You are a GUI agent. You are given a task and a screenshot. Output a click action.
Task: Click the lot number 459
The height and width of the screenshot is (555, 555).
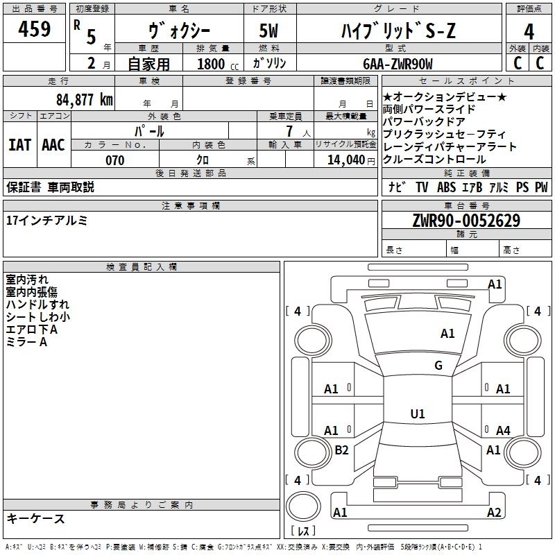(x=34, y=30)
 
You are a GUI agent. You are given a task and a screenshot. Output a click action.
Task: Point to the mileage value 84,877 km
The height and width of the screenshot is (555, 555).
(x=84, y=99)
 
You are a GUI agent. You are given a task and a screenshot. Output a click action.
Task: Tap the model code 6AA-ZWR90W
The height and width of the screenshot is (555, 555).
(x=398, y=64)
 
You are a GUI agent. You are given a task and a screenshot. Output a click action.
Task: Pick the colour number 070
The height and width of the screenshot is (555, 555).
(x=115, y=160)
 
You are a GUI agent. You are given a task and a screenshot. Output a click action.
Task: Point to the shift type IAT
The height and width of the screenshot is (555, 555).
(x=19, y=145)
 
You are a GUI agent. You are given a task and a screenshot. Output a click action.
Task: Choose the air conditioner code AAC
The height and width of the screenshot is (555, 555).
(x=53, y=145)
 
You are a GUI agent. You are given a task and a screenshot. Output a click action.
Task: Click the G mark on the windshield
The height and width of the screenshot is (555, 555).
(x=438, y=366)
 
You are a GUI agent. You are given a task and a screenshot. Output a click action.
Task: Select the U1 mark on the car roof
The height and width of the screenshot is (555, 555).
(x=417, y=414)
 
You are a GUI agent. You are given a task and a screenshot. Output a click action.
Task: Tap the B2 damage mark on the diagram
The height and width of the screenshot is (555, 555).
(x=341, y=450)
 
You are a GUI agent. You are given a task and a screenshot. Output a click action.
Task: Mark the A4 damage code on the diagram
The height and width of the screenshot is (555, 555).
(x=503, y=431)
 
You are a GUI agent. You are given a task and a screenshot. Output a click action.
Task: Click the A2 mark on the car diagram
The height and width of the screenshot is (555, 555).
(x=493, y=513)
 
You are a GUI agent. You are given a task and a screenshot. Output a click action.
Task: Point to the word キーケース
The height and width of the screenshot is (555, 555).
(x=35, y=518)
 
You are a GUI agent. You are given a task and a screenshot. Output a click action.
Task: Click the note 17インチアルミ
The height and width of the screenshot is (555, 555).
(x=46, y=220)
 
